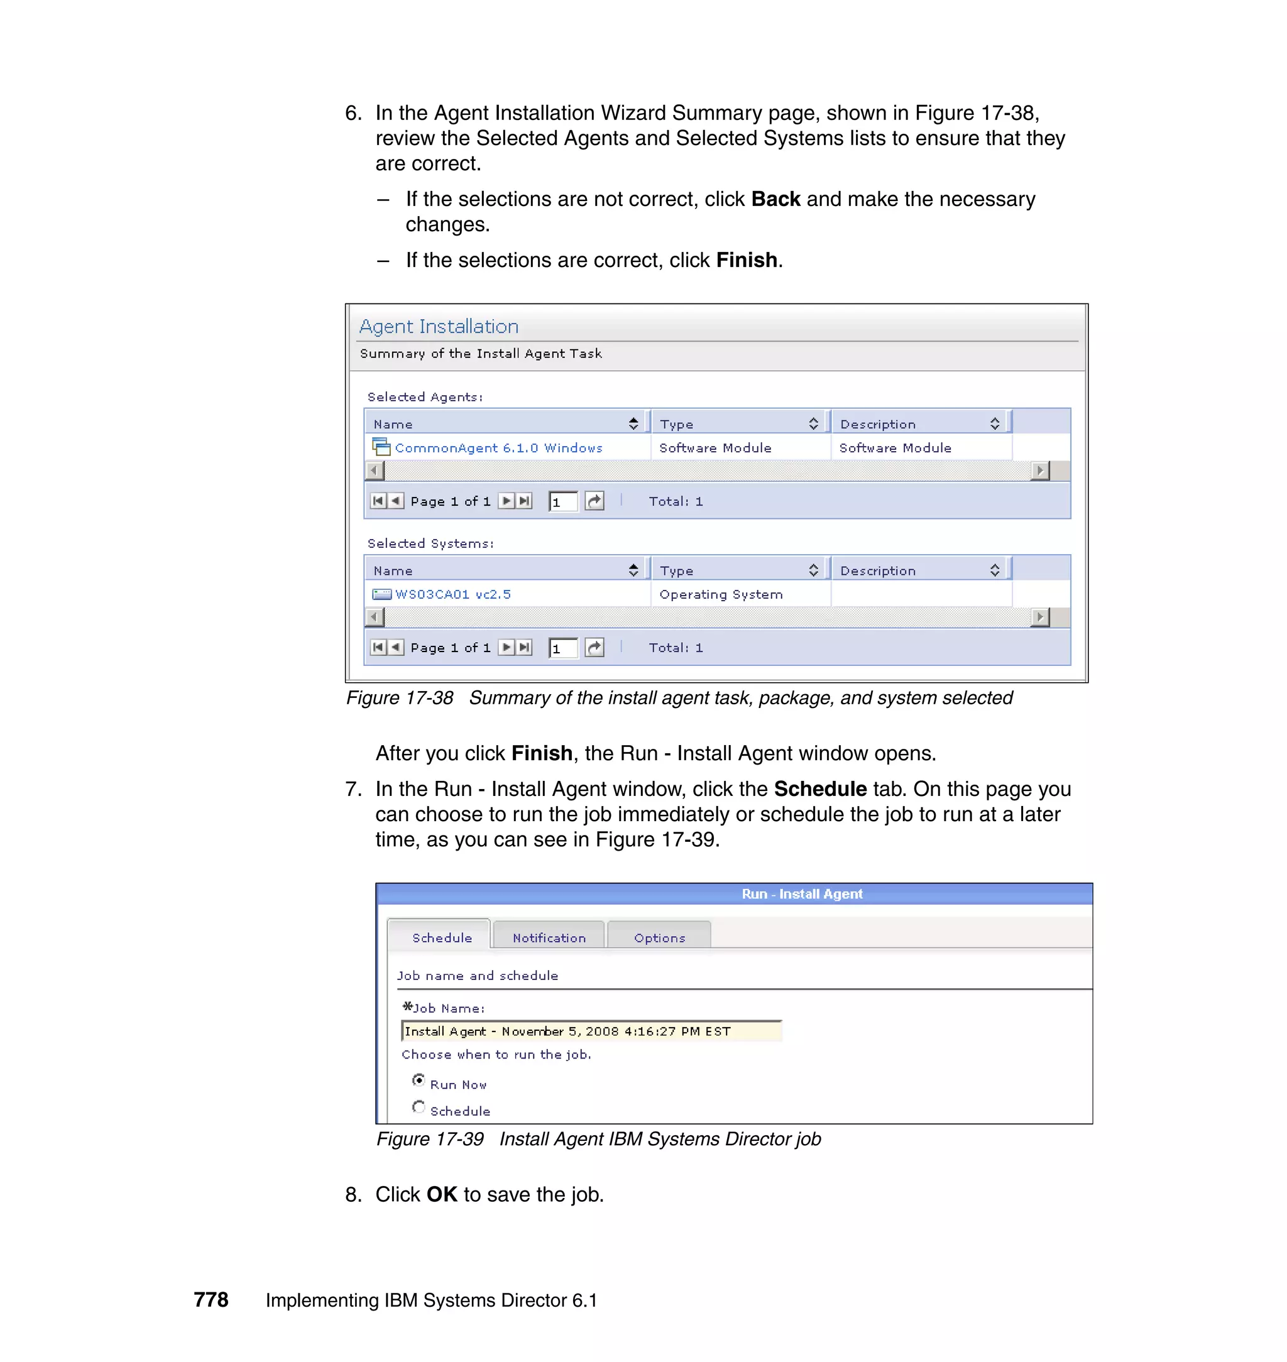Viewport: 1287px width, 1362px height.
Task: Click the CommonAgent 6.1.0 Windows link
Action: click(x=498, y=448)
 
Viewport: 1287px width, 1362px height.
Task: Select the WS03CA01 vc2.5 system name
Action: click(x=453, y=594)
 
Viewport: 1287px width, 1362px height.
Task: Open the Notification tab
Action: click(x=549, y=937)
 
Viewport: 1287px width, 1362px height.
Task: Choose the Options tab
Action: click(x=659, y=937)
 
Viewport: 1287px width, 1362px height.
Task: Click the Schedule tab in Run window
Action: click(x=442, y=937)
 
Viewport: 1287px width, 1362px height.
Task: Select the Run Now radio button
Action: click(x=419, y=1080)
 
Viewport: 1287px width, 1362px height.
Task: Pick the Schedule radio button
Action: click(x=419, y=1107)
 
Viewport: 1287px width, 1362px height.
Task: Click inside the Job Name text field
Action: click(x=591, y=1031)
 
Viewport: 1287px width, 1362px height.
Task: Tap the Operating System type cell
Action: click(x=720, y=594)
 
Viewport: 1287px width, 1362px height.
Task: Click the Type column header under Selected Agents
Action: click(x=676, y=424)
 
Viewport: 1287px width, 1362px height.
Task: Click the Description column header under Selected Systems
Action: click(x=877, y=570)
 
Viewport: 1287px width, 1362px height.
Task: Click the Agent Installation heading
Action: click(x=439, y=327)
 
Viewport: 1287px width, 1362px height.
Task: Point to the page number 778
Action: click(x=211, y=1299)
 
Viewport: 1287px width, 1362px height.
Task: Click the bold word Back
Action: click(x=775, y=199)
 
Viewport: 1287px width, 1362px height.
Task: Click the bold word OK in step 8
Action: click(x=441, y=1194)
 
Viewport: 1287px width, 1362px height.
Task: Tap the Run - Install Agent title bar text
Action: click(x=801, y=893)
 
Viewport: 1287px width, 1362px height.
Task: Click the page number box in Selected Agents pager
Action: click(x=562, y=501)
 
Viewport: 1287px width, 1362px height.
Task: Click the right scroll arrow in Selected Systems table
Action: click(x=1040, y=617)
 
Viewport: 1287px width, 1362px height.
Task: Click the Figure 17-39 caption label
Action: click(x=429, y=1138)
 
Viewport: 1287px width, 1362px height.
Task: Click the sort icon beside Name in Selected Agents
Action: click(x=633, y=423)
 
